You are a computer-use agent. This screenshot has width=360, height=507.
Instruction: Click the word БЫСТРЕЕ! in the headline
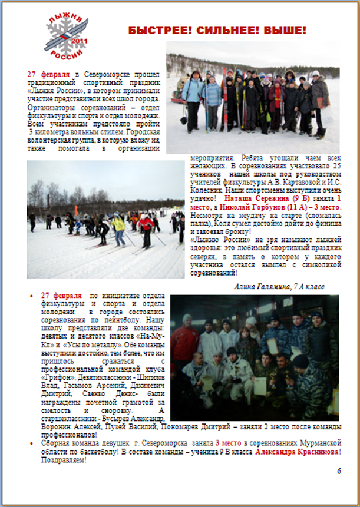click(x=155, y=31)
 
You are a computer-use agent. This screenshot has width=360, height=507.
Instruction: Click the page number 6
click(x=338, y=471)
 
